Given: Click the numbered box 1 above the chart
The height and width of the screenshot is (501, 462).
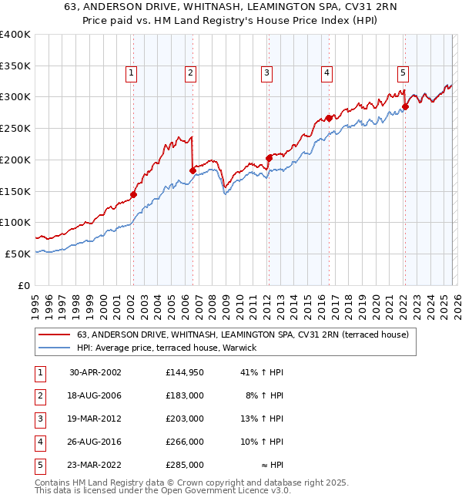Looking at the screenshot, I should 132,73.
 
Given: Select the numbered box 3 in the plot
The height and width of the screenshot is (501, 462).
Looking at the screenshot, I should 266,73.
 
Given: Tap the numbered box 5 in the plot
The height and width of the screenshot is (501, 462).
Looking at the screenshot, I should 403,73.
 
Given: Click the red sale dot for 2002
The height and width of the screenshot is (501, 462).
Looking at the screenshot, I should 133,194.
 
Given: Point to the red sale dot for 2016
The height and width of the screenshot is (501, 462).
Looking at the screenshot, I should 329,118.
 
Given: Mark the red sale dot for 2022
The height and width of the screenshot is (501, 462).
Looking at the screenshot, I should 405,106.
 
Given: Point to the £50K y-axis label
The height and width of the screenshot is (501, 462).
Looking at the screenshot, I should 17,254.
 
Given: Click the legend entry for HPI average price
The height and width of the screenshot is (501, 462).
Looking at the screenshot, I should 171,348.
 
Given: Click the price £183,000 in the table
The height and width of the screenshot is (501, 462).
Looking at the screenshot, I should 184,395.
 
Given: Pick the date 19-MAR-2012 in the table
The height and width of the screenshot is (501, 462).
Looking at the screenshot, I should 95,419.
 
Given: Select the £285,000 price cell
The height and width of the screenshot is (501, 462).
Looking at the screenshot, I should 184,465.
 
